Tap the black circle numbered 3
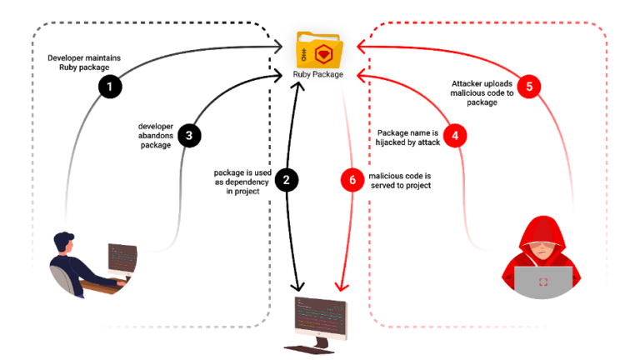pyautogui.click(x=189, y=135)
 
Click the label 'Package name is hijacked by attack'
pyautogui.click(x=408, y=137)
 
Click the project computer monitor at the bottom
pyautogui.click(x=320, y=317)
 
